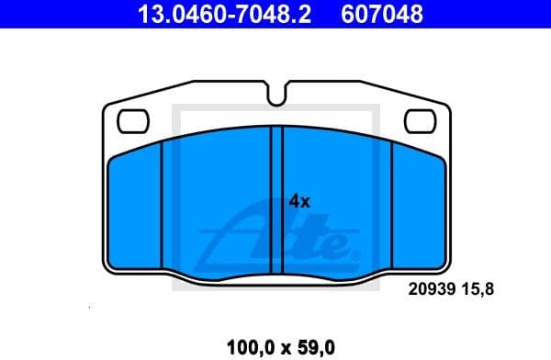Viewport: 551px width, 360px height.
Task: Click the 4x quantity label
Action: (299, 200)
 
